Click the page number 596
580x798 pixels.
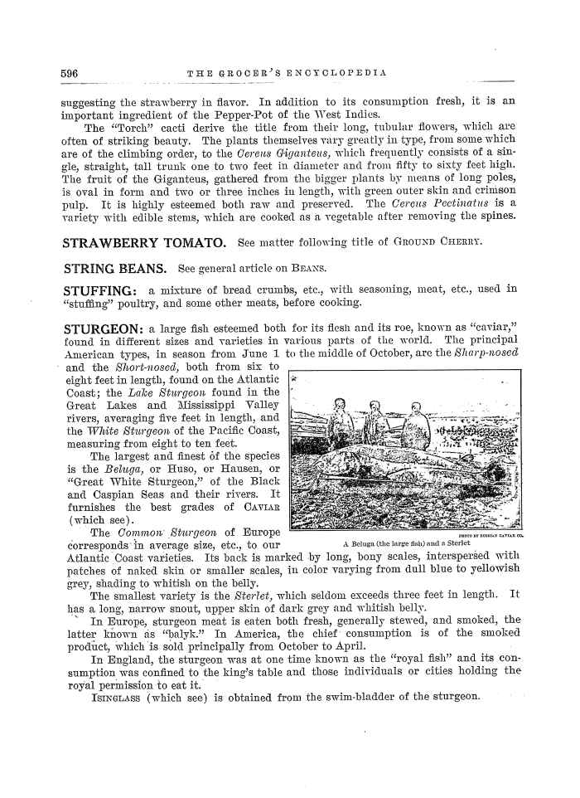[70, 74]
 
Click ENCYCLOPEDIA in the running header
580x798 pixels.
[341, 74]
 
